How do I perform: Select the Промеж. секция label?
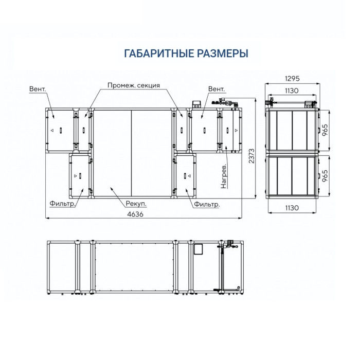pos(134,85)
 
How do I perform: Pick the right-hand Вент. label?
pos(217,89)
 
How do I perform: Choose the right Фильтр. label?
pos(207,205)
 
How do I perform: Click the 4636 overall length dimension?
pos(135,214)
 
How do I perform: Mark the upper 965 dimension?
pos(325,130)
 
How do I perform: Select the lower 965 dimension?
pos(325,176)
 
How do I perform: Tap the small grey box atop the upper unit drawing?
pos(196,103)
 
